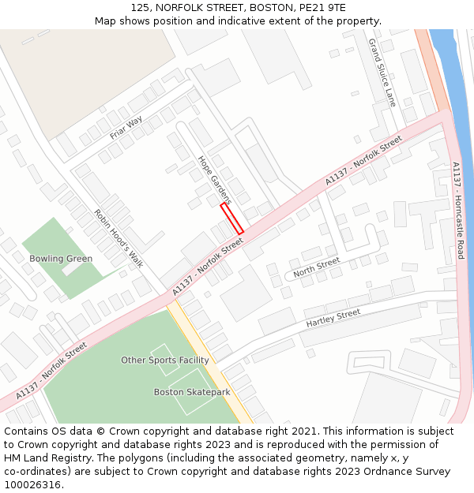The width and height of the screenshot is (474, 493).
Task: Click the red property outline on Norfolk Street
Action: click(x=231, y=218)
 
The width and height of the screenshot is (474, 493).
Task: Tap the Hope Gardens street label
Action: click(x=213, y=180)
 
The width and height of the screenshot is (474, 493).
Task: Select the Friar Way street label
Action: click(x=126, y=127)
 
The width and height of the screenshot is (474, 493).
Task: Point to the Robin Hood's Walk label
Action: click(x=118, y=237)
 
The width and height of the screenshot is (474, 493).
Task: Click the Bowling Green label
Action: click(x=61, y=259)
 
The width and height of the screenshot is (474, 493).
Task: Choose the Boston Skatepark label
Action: click(x=192, y=392)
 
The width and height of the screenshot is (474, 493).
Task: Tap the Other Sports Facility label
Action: click(x=165, y=360)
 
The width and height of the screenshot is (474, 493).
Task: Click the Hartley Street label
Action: click(x=333, y=319)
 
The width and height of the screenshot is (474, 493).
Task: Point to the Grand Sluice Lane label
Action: click(x=382, y=73)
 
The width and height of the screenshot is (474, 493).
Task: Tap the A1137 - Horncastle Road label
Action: click(x=458, y=211)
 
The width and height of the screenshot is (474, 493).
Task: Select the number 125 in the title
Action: click(x=141, y=7)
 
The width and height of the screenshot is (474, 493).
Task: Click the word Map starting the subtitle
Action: click(x=106, y=21)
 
